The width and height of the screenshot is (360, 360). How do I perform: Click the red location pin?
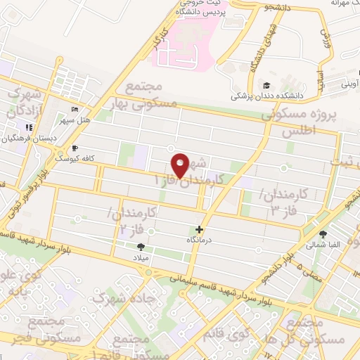tap(181, 165)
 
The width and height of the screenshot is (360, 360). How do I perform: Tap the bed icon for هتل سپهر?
tap(75, 110)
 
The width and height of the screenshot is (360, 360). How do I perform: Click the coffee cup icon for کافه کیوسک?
tap(75, 148)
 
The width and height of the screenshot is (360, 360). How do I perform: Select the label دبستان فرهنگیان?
tap(26, 139)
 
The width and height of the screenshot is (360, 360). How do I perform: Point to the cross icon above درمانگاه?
tap(200, 229)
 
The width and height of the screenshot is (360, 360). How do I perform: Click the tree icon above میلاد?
tap(141, 246)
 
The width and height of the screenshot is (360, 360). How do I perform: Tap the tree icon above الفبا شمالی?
tap(323, 235)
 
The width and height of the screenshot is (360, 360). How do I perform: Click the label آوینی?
tap(349, 85)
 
